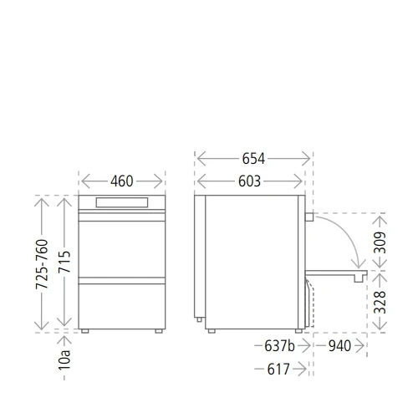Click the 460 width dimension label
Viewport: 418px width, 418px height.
click(122, 181)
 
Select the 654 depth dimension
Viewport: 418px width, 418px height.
click(253, 159)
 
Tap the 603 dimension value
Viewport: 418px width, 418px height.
click(249, 181)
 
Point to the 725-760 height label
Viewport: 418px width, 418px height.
click(42, 264)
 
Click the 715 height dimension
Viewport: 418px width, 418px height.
click(64, 262)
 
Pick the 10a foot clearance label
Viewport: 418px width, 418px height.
click(64, 359)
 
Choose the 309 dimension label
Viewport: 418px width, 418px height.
click(380, 242)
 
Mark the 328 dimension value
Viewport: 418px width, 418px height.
click(380, 303)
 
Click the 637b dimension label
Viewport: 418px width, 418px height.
click(279, 346)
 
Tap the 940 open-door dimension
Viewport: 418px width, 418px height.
click(339, 346)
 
